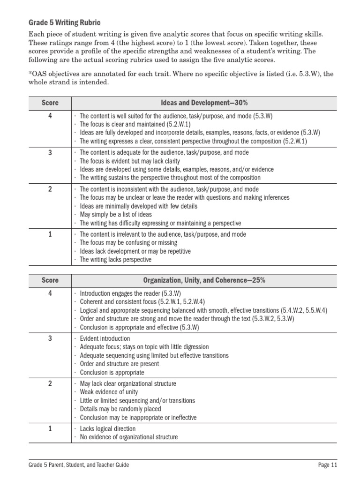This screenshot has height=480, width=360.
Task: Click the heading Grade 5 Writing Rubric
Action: coord(64,22)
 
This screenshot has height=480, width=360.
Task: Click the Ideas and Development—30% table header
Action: coord(204,103)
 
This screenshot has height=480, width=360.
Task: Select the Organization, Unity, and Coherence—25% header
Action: coord(204,280)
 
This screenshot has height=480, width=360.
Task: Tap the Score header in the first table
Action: coord(50,103)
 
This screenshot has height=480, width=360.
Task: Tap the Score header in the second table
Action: coord(50,280)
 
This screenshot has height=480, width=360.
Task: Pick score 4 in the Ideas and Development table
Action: coord(50,116)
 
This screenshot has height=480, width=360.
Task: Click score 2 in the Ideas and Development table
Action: coord(50,189)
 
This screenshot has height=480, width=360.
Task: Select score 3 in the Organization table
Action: coord(50,338)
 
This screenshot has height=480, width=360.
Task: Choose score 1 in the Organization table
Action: coord(50,428)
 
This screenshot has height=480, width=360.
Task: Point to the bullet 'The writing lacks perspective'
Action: coord(115,259)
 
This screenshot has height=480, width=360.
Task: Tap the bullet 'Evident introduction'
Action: coord(105,338)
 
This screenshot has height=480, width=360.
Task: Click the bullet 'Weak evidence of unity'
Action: coord(108,392)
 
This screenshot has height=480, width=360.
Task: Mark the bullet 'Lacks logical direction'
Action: coord(108,428)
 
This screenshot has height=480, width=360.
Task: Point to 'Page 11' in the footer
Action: coord(327,465)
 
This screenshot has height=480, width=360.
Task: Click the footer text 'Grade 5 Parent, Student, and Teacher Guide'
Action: coord(77,465)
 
